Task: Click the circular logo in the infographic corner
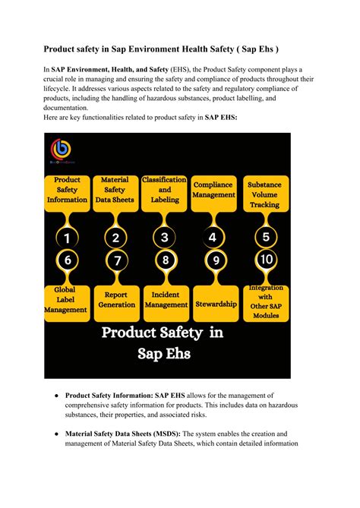pyautogui.click(x=58, y=150)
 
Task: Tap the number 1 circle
pyautogui.click(x=67, y=238)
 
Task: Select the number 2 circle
pyautogui.click(x=115, y=238)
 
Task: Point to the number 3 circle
pyautogui.click(x=165, y=237)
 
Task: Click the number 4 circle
pyautogui.click(x=213, y=237)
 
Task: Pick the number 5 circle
pyautogui.click(x=265, y=237)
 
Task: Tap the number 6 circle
pyautogui.click(x=67, y=260)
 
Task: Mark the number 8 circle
pyautogui.click(x=165, y=260)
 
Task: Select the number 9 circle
pyautogui.click(x=216, y=260)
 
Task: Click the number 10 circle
pyautogui.click(x=265, y=259)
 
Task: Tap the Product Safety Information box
pyautogui.click(x=67, y=191)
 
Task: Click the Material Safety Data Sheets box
pyautogui.click(x=115, y=191)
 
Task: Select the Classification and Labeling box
pyautogui.click(x=165, y=190)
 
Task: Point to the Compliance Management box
pyautogui.click(x=213, y=190)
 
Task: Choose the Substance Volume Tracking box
pyautogui.click(x=265, y=194)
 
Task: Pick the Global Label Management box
pyautogui.click(x=67, y=299)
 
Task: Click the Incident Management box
pyautogui.click(x=165, y=299)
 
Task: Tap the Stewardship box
pyautogui.click(x=216, y=304)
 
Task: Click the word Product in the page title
pyautogui.click(x=63, y=49)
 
